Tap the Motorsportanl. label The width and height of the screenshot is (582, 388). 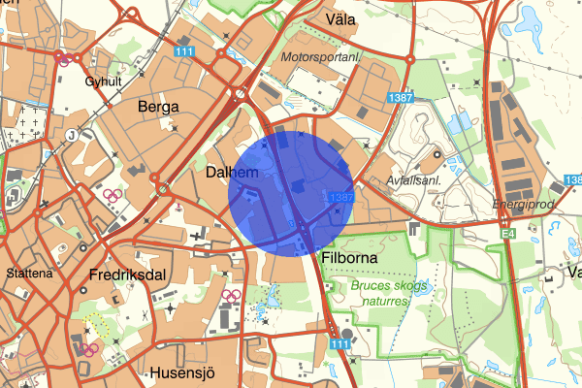point(321,58)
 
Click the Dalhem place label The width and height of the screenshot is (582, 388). point(230,172)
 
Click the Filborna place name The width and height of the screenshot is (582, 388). point(347,259)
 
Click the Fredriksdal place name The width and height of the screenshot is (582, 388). point(126,275)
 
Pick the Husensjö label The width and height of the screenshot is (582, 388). point(180,372)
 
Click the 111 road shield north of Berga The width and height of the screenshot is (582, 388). point(184,51)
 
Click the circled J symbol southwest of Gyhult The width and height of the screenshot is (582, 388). point(72,135)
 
